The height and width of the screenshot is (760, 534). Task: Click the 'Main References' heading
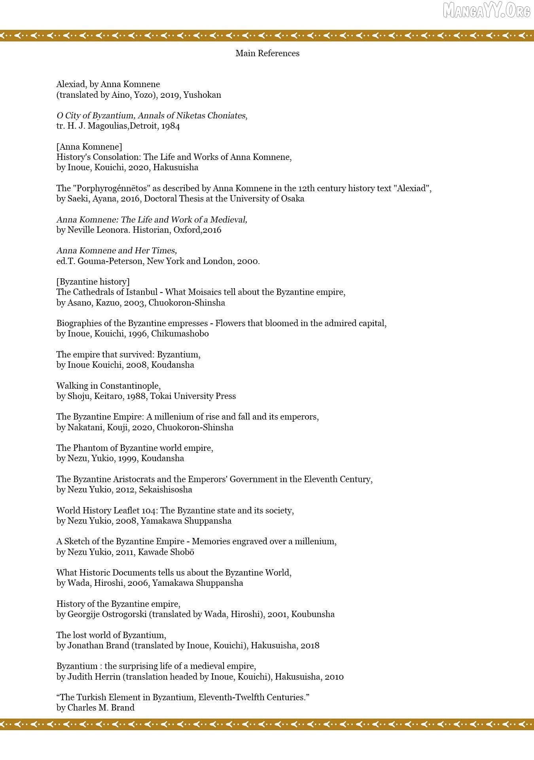coord(267,53)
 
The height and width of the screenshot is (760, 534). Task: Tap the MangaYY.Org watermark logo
coord(486,11)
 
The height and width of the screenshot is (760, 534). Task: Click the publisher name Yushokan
coord(202,95)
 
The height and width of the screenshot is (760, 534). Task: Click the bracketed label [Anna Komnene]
coord(89,147)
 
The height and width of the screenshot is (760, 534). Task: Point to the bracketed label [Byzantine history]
coord(93,282)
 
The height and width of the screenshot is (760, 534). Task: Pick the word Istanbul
coord(142,292)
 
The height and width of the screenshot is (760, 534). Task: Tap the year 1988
coord(136,396)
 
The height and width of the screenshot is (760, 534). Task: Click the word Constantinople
coord(130,386)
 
